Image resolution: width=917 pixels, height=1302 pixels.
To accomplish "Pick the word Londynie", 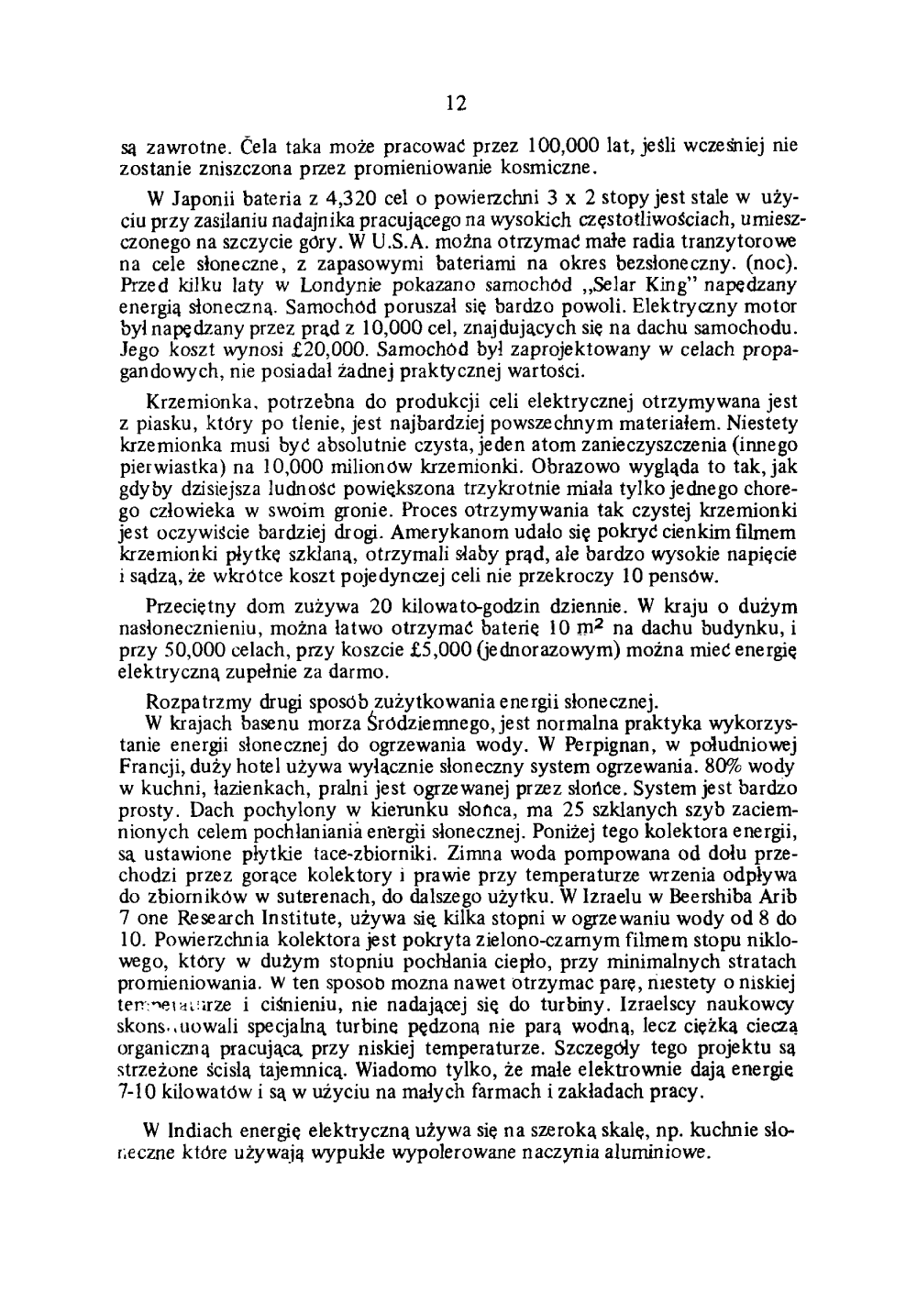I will (296, 284).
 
